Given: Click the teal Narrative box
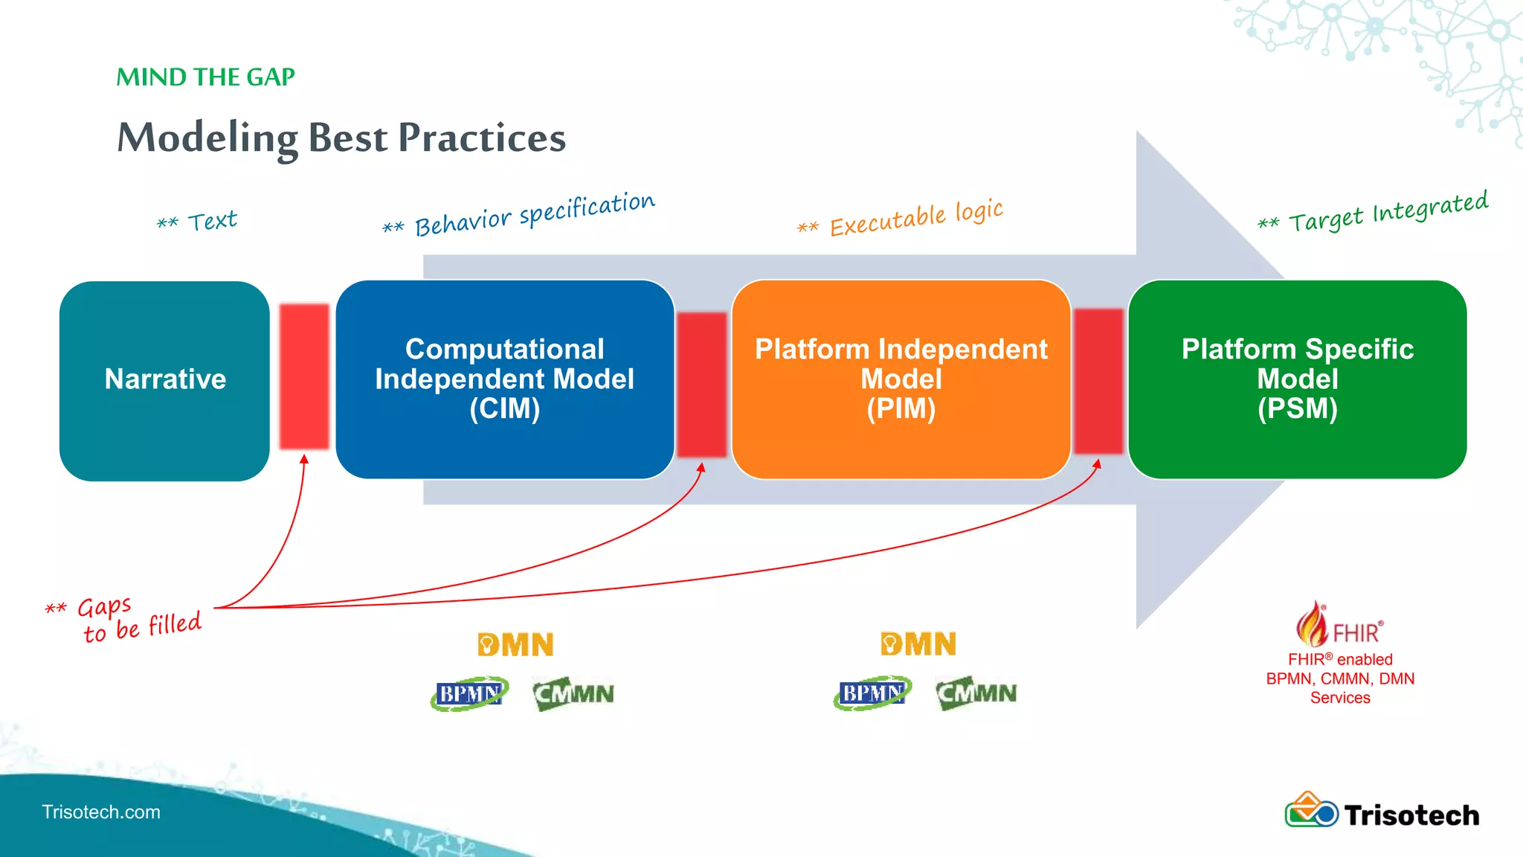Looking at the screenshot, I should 164,380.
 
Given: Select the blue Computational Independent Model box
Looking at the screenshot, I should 504,379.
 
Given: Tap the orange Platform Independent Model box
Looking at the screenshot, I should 901,379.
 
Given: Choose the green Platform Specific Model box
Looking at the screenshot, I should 1297,379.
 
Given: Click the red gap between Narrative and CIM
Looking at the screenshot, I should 304,376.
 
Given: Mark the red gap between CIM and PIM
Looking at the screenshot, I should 701,384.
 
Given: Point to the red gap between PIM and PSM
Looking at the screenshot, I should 1098,381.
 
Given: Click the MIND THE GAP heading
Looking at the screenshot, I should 205,77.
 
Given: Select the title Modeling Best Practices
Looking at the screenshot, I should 341,138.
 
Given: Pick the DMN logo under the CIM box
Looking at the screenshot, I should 515,644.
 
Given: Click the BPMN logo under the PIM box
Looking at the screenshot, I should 872,693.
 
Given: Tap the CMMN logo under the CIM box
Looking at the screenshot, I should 573,693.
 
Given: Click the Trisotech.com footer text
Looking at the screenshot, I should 101,812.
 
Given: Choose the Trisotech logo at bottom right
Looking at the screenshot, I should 1382,812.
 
